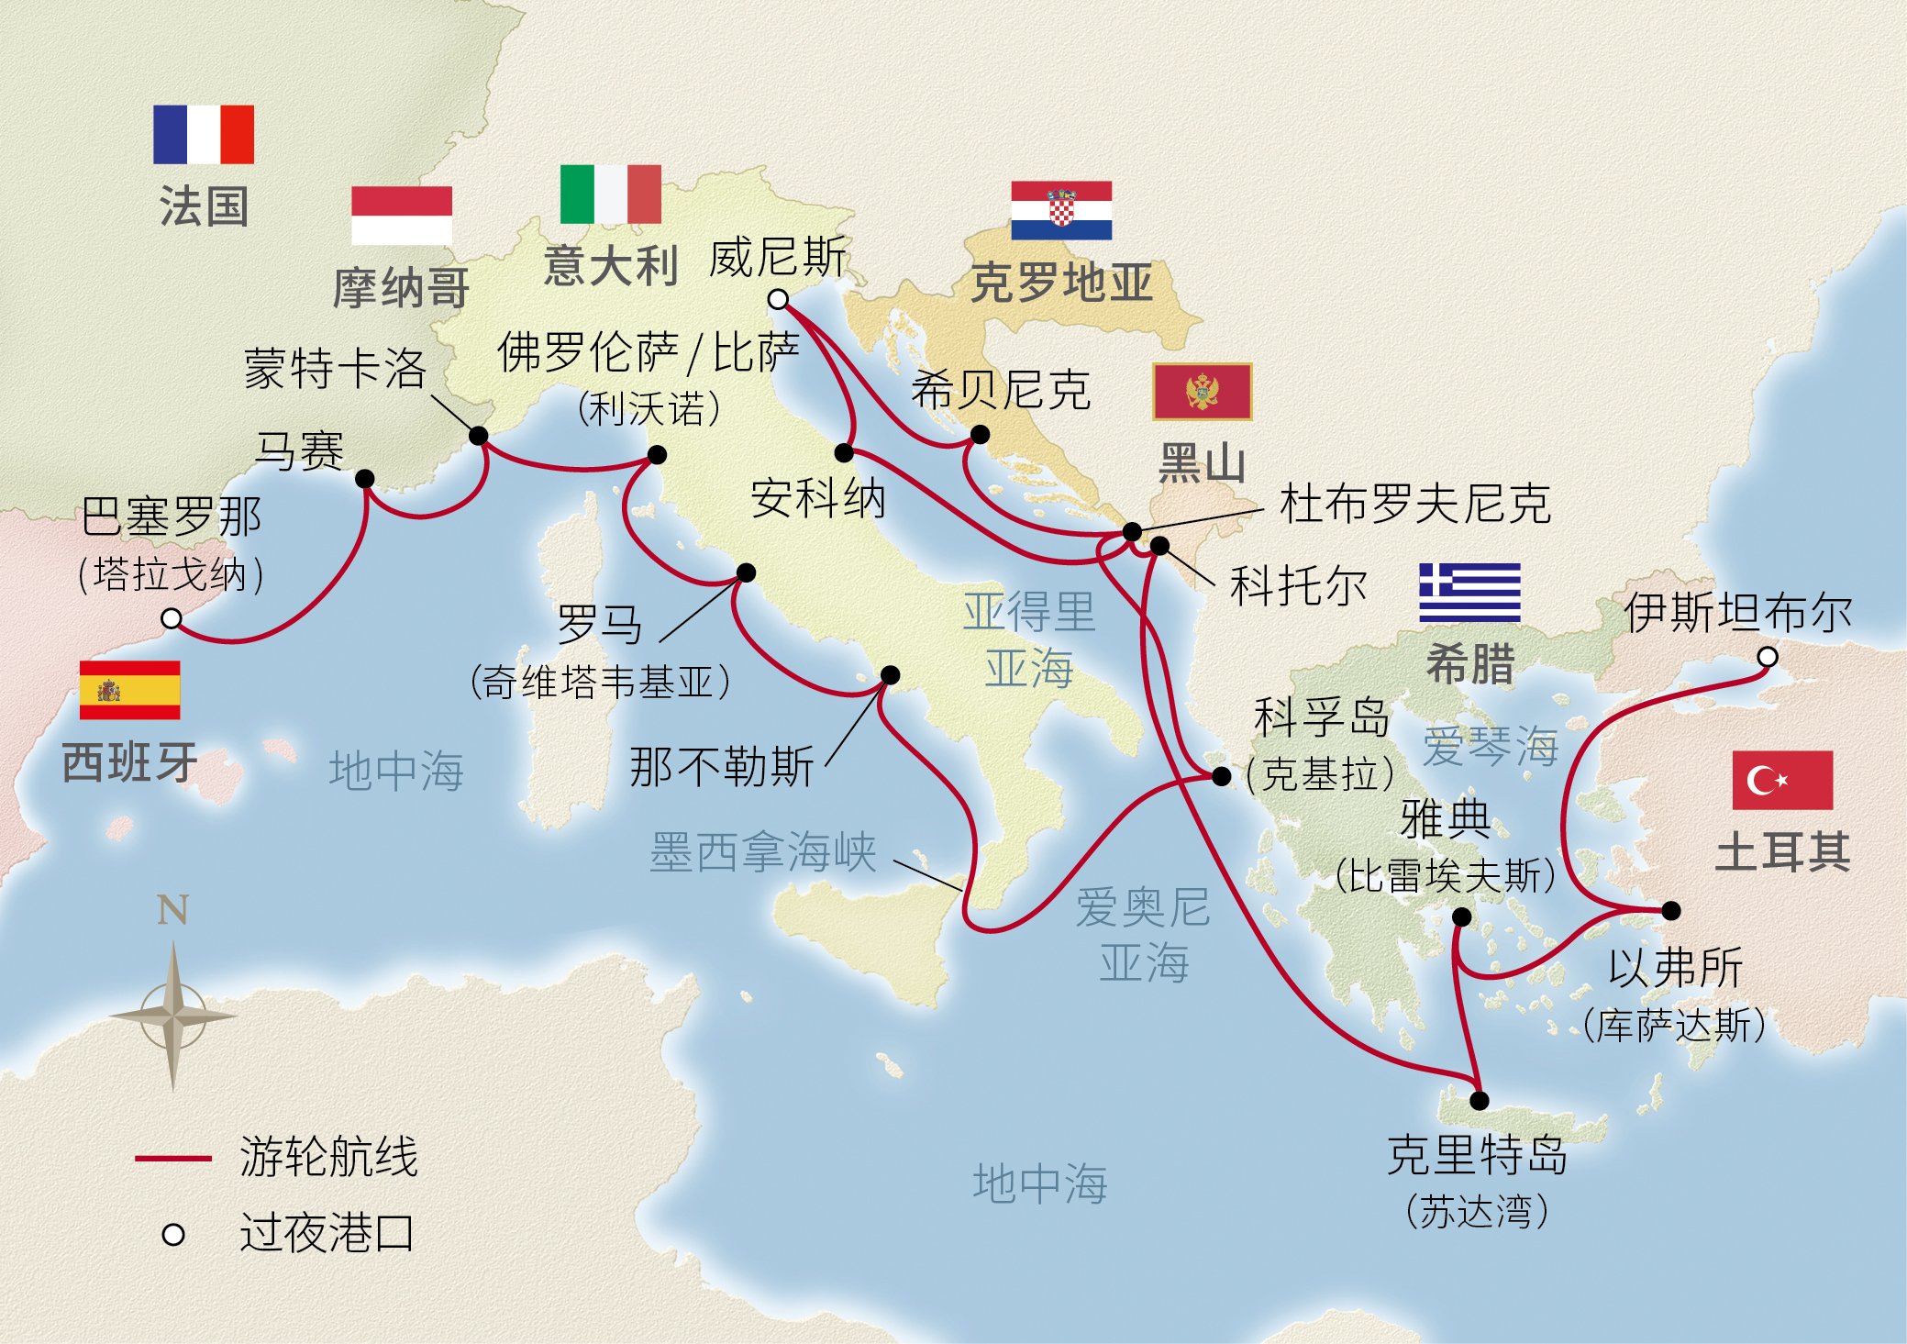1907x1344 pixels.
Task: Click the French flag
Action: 203,134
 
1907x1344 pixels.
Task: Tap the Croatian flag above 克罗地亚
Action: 1061,210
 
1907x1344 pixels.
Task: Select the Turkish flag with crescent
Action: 1781,780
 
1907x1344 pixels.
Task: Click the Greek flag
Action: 1469,592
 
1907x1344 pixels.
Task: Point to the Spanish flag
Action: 129,690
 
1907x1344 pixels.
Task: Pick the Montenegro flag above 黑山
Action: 1202,392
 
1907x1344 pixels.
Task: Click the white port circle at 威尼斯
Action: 778,299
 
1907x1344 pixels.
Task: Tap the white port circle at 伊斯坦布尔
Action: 1768,657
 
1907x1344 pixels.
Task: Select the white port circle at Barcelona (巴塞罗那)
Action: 172,618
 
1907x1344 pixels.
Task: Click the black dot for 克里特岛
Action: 1479,1100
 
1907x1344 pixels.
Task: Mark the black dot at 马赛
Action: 364,478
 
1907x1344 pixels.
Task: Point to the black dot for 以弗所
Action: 1670,910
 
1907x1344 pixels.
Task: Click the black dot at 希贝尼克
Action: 980,434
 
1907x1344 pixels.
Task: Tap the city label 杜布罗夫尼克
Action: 1414,504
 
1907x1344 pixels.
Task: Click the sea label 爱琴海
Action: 1490,745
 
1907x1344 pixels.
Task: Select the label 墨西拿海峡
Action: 762,852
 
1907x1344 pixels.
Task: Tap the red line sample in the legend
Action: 172,1159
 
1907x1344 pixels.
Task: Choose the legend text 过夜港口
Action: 327,1232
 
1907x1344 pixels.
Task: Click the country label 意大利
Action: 610,266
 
